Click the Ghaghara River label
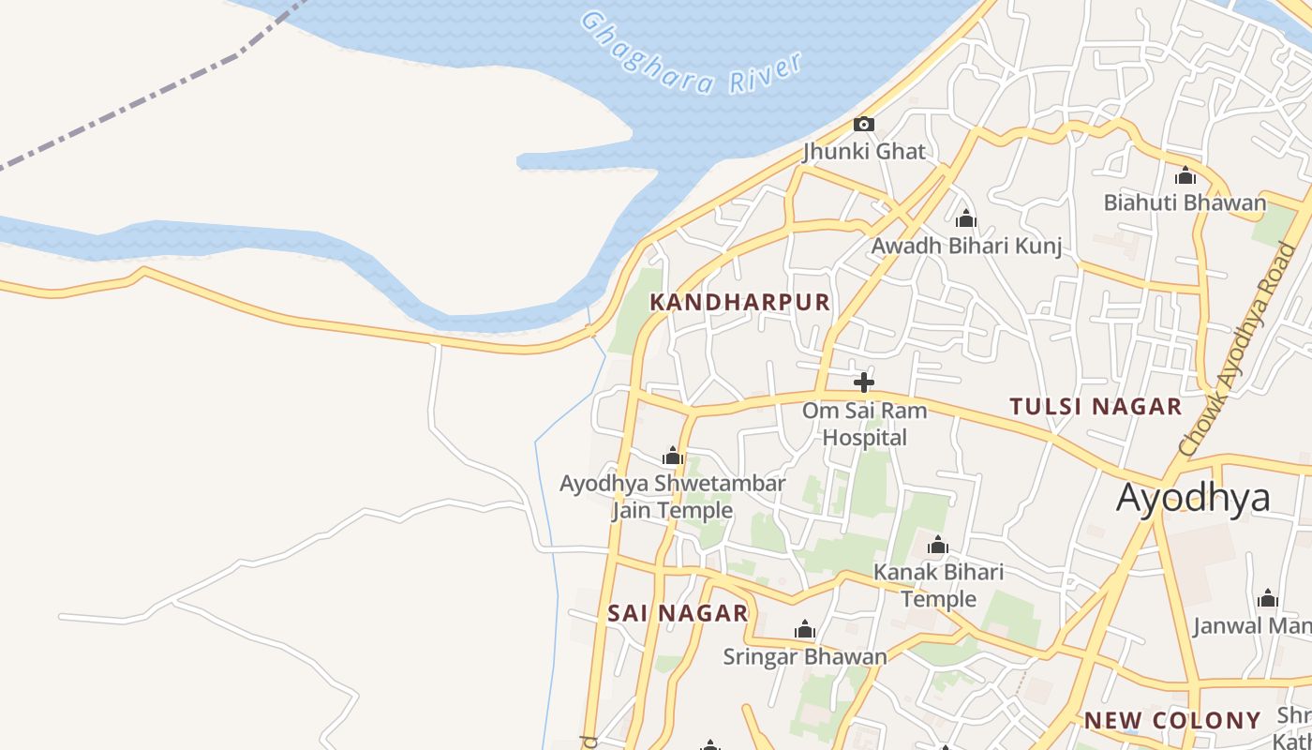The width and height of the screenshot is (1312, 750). click(692, 54)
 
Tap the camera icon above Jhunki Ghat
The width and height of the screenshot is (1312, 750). click(863, 124)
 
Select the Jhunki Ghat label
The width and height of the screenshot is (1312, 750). click(863, 151)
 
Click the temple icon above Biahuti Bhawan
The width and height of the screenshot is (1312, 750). click(1185, 175)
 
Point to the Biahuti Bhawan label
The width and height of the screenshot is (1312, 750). click(1185, 202)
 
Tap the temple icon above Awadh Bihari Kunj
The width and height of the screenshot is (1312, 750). click(965, 219)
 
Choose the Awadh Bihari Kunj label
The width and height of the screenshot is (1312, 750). click(966, 246)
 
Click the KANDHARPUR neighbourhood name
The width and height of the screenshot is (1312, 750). click(739, 302)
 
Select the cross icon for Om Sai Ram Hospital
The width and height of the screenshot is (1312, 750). click(864, 382)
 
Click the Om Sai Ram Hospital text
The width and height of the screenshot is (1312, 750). click(864, 424)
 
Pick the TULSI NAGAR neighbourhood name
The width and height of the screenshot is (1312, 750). click(1096, 407)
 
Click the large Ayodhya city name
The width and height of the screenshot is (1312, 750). click(1193, 497)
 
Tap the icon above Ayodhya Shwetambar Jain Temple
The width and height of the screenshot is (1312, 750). click(672, 457)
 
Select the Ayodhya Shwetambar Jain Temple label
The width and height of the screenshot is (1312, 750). click(672, 497)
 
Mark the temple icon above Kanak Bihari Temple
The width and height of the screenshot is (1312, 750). click(938, 546)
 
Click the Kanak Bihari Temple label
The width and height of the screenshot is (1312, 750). click(938, 585)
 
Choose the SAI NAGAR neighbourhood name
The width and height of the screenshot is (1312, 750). click(678, 613)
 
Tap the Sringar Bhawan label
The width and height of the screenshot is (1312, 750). click(804, 656)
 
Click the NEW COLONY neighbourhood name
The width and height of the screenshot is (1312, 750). click(1172, 721)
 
